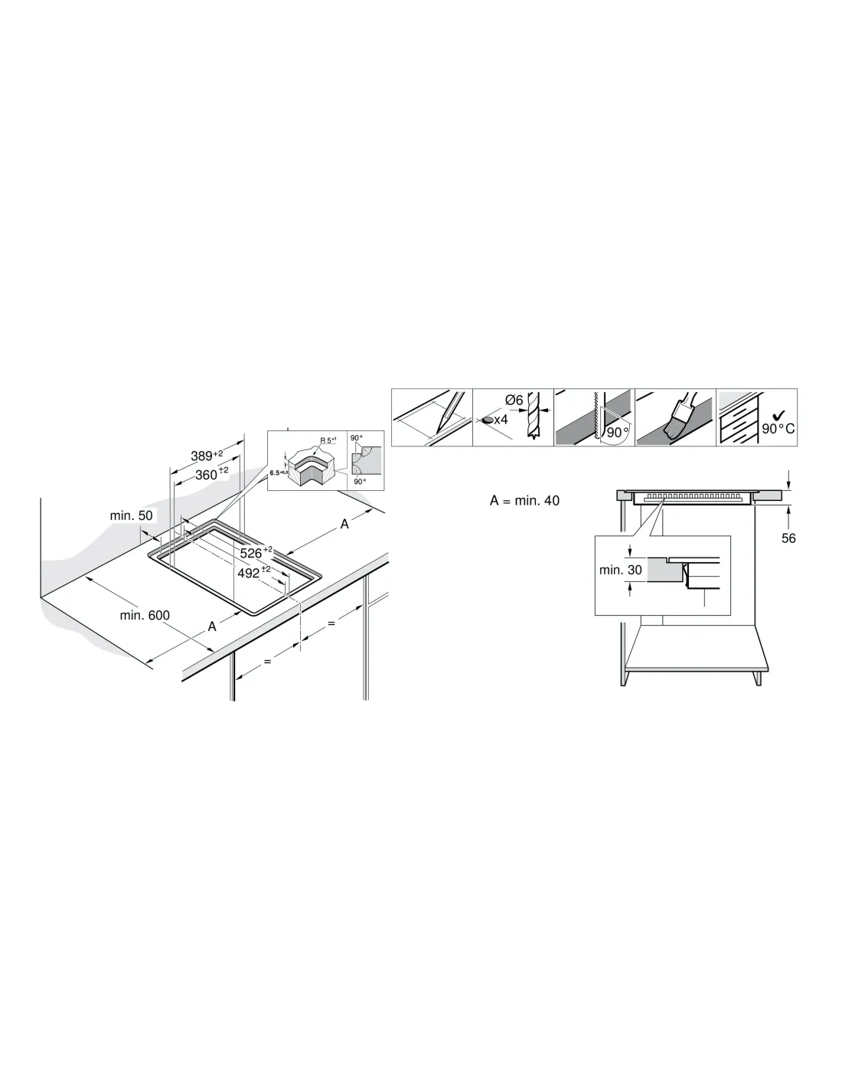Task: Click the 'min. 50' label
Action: [x=131, y=515]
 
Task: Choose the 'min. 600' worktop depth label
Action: [x=145, y=615]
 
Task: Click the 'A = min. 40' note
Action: [x=524, y=500]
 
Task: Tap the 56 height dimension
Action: [x=788, y=538]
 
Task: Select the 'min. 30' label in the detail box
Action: [x=620, y=570]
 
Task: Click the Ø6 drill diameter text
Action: [x=514, y=400]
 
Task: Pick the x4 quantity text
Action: [x=501, y=420]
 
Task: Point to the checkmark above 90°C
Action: [x=778, y=415]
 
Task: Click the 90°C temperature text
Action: [x=778, y=429]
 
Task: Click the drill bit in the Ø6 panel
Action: [x=534, y=415]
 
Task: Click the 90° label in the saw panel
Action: [x=617, y=432]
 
